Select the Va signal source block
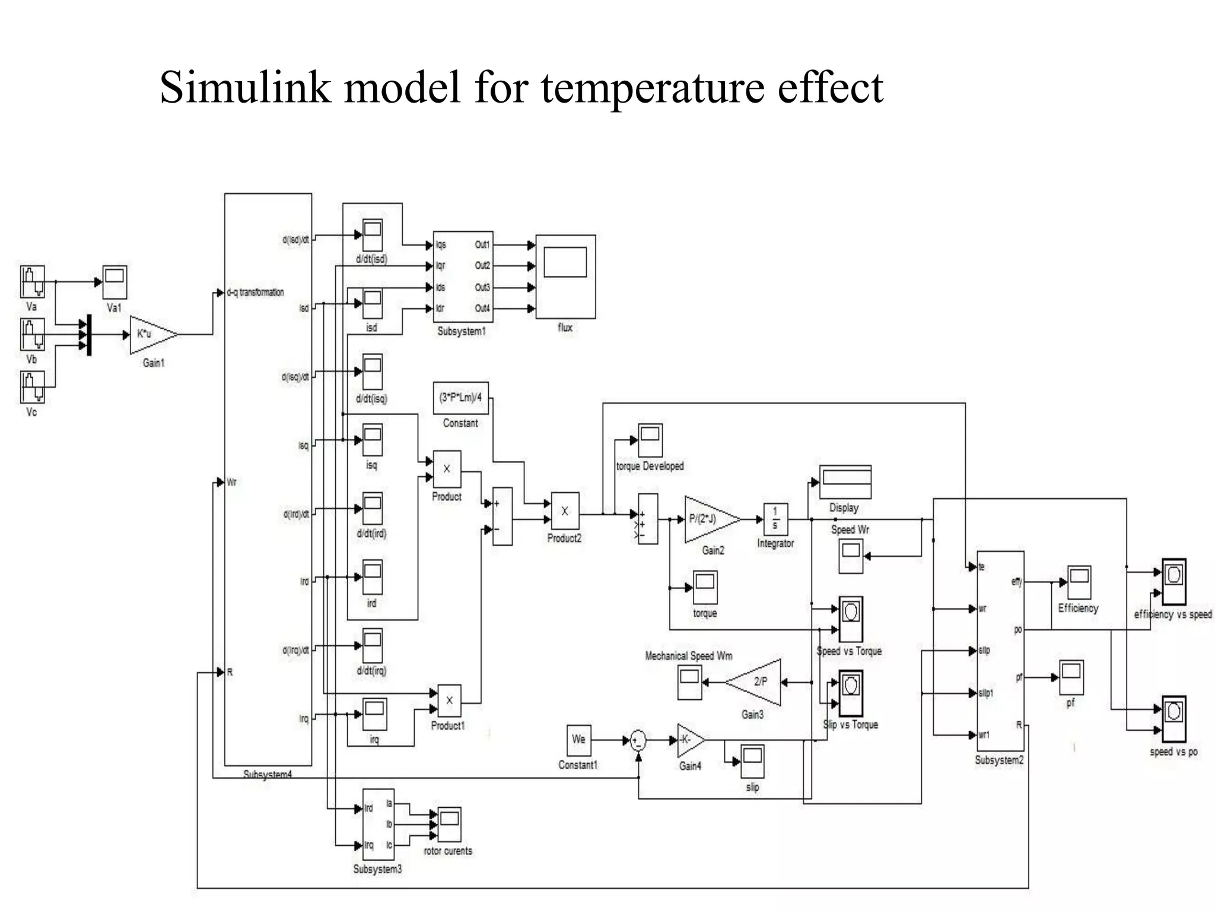point(32,282)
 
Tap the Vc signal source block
point(32,387)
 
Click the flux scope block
point(565,276)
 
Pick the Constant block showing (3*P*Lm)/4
point(461,398)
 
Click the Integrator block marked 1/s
point(775,520)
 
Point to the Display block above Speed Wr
point(845,482)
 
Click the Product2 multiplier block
point(565,511)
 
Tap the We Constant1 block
point(578,740)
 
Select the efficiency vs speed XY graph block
point(1173,581)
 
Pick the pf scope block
point(1071,677)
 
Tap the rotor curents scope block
point(449,824)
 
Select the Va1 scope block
point(114,282)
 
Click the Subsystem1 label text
point(462,332)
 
